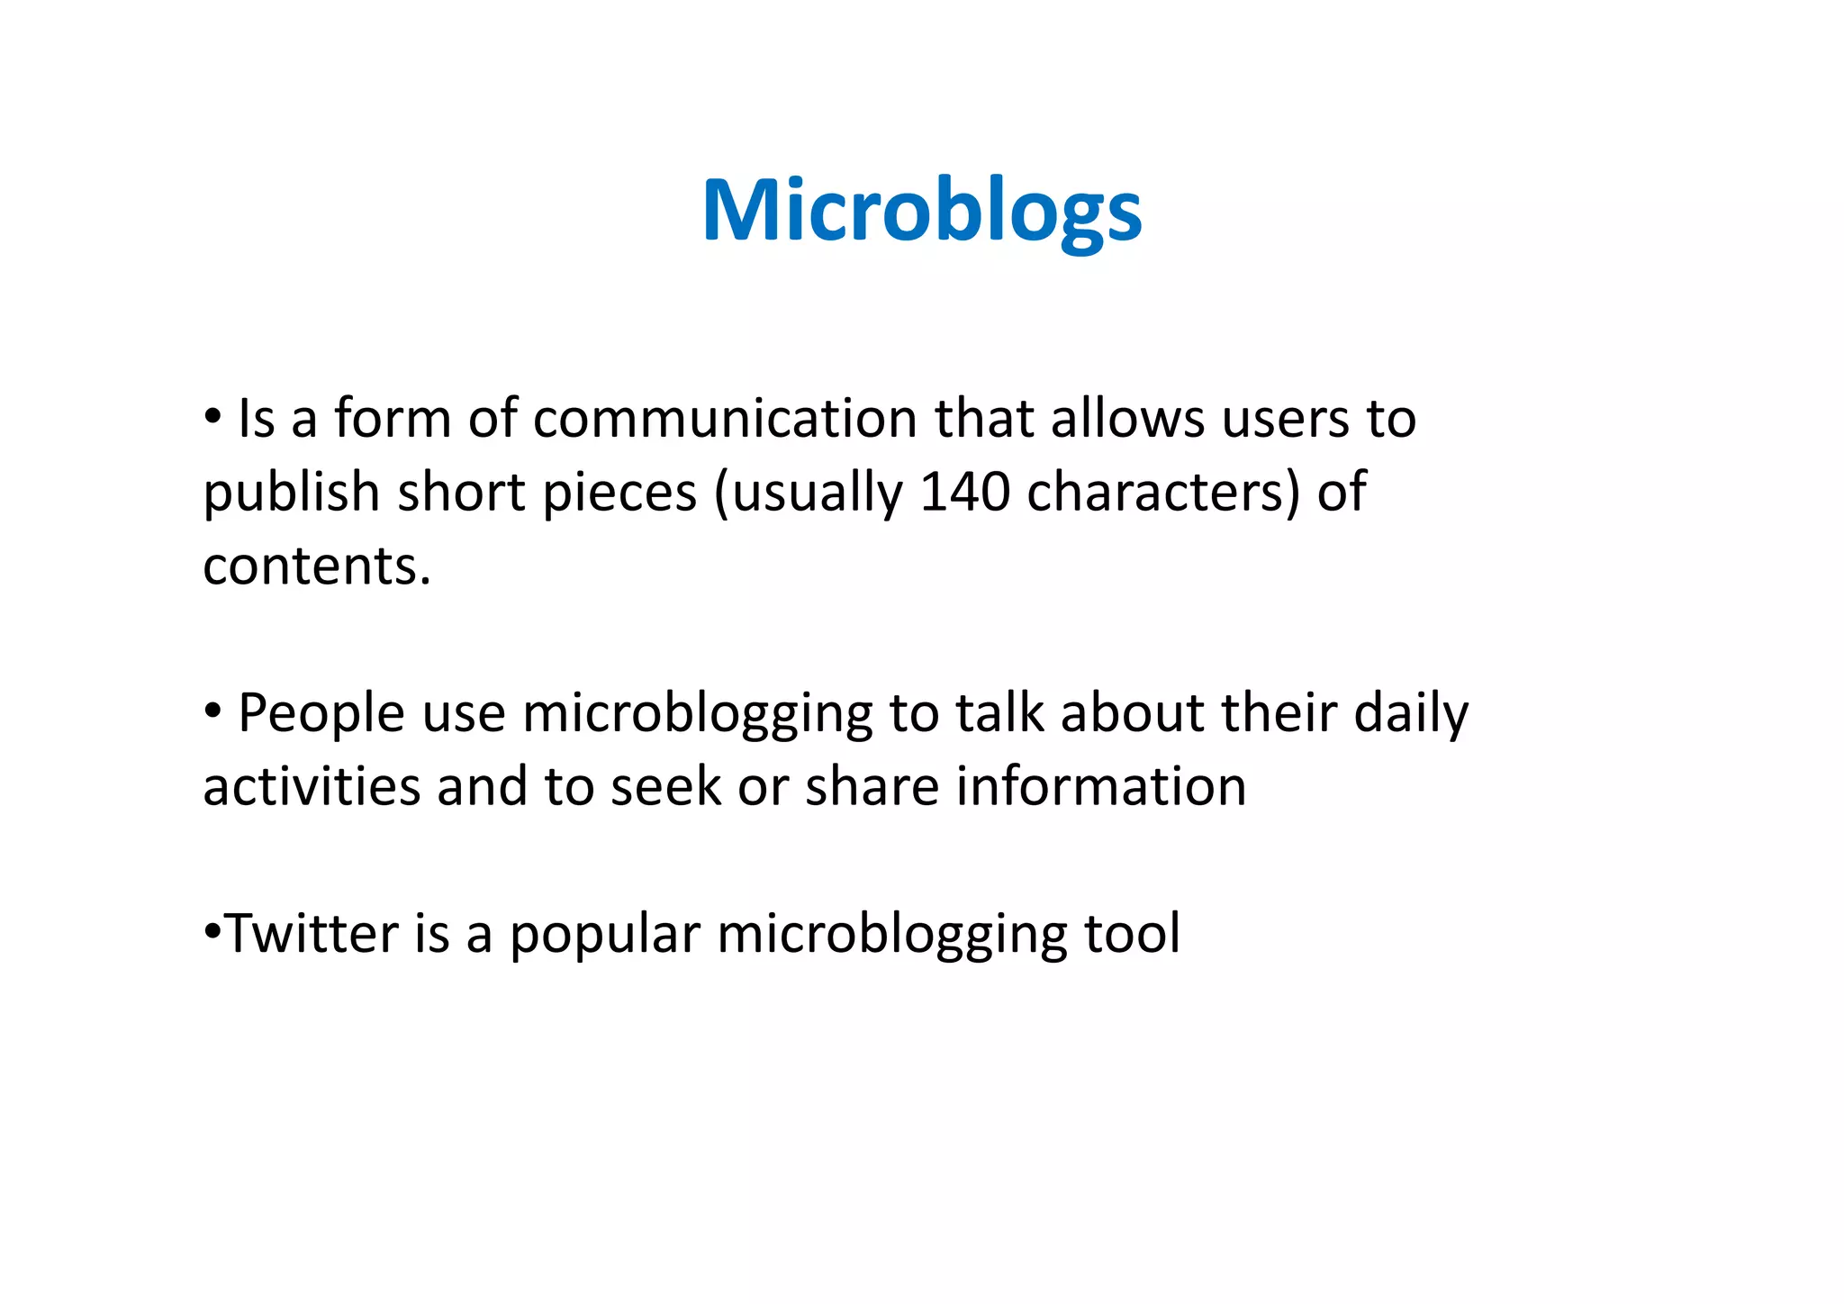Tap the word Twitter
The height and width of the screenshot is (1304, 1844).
pyautogui.click(x=311, y=933)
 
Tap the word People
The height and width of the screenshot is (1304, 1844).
pyautogui.click(x=321, y=713)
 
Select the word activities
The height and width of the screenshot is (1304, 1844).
pyautogui.click(x=312, y=786)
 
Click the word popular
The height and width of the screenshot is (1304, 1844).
pyautogui.click(x=604, y=935)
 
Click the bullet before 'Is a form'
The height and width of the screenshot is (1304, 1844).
pyautogui.click(x=212, y=417)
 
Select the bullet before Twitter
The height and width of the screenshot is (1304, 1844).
pyautogui.click(x=212, y=929)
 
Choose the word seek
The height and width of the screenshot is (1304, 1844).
pyautogui.click(x=665, y=786)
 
